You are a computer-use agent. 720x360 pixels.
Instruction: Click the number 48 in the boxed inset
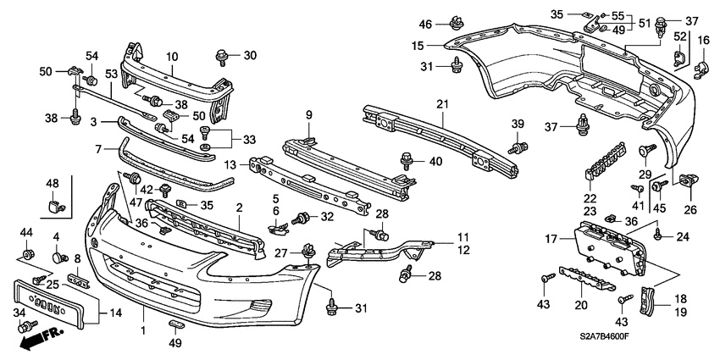[x=53, y=184]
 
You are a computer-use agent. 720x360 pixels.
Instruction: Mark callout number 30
[x=249, y=55]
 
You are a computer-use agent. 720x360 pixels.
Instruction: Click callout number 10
[x=172, y=57]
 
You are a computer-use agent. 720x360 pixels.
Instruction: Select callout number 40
[x=436, y=162]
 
